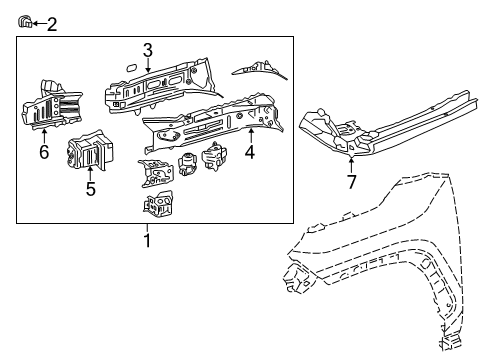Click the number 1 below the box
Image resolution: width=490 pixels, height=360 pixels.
pos(147,241)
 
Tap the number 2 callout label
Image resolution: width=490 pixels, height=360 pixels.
pos(52,23)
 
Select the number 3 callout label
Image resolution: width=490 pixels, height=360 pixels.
pos(147,49)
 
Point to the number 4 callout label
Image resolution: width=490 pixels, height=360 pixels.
pos(250,153)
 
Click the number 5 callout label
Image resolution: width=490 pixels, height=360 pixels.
pos(90,188)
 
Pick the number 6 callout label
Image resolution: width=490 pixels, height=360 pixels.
pos(43,152)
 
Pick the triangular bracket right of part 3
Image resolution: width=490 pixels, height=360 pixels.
pos(257,68)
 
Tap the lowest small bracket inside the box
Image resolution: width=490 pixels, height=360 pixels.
pos(158,205)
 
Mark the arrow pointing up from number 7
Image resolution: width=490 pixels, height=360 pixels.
pos(350,162)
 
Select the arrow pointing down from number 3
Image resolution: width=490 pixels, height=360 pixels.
pos(147,66)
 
